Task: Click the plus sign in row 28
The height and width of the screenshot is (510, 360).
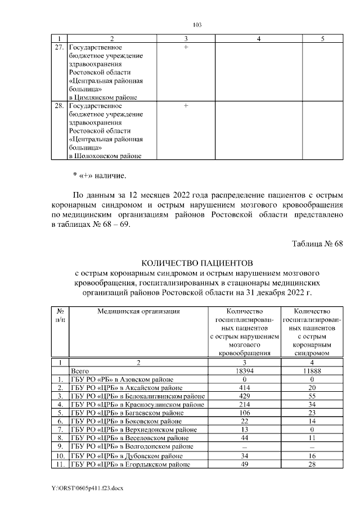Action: click(x=186, y=106)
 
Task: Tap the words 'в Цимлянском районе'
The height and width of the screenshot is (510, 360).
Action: click(x=103, y=97)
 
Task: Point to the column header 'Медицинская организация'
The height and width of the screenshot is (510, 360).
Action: click(x=138, y=311)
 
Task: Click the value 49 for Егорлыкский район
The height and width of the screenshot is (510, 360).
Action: click(x=244, y=464)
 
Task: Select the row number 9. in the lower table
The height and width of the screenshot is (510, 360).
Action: click(x=60, y=448)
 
